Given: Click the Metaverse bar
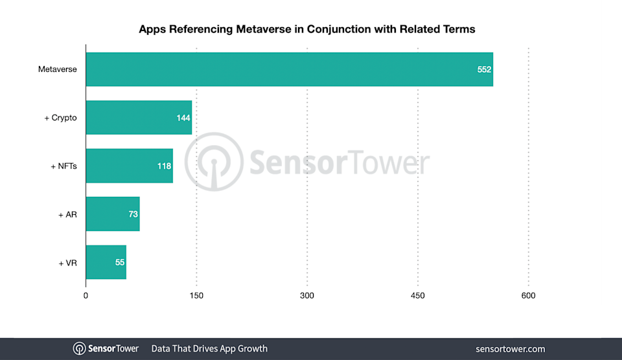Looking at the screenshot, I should (289, 69).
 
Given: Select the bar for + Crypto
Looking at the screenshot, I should (139, 117).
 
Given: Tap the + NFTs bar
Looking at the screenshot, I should (129, 166).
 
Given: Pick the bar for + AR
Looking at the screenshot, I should (112, 214).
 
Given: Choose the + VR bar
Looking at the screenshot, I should (106, 262).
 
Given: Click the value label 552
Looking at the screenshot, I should (484, 69).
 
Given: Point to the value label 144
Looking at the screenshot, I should (183, 118).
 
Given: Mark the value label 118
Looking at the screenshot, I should (164, 166).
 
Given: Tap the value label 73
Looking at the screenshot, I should (133, 214).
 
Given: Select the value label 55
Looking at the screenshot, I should (120, 262).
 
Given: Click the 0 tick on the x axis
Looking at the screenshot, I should (86, 296).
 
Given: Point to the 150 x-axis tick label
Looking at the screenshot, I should (196, 296).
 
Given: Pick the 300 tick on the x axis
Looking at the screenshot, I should (307, 296).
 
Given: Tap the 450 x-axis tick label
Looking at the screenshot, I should (418, 296).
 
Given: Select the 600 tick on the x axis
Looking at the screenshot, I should (528, 296).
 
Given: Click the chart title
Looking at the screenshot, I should (307, 29).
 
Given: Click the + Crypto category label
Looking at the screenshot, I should (60, 118).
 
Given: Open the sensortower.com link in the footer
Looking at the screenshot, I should (510, 348).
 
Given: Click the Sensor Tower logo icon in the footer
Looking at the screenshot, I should (80, 348).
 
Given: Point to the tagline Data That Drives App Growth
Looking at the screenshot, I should (209, 348).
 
